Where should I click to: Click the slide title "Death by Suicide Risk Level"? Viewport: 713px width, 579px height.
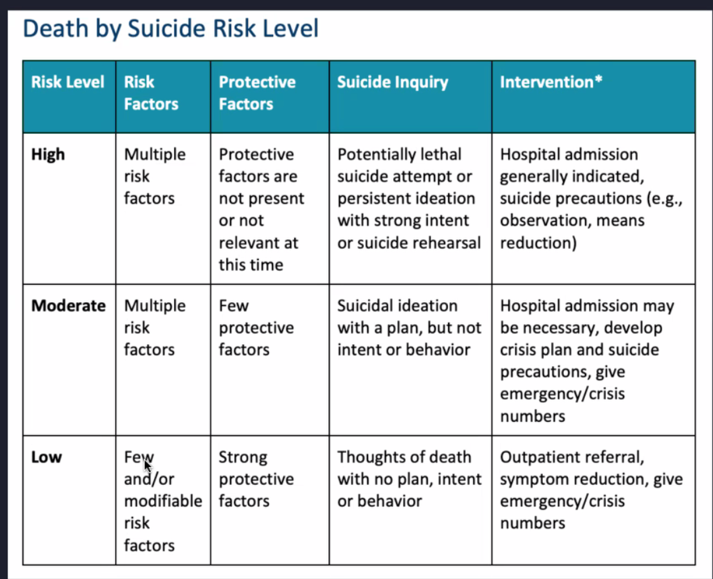pyautogui.click(x=170, y=29)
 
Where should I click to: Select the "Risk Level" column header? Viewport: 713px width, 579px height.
pyautogui.click(x=68, y=83)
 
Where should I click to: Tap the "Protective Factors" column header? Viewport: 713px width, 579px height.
pyautogui.click(x=257, y=92)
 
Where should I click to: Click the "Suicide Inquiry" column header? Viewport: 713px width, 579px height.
pyautogui.click(x=392, y=83)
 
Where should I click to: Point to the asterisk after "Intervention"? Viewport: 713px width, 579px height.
pyautogui.click(x=599, y=79)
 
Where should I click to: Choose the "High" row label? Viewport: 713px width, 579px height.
pyautogui.click(x=48, y=155)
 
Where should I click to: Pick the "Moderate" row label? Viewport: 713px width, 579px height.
pyautogui.click(x=68, y=306)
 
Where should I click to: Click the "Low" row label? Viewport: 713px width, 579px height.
pyautogui.click(x=46, y=458)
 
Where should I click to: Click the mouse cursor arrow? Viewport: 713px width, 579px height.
pyautogui.click(x=147, y=466)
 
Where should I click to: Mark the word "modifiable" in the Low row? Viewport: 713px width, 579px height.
pyautogui.click(x=163, y=500)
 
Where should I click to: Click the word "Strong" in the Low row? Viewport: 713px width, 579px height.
pyautogui.click(x=243, y=458)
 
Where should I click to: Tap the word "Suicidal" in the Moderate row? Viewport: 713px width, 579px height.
pyautogui.click(x=369, y=306)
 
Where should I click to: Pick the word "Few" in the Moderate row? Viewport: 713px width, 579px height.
pyautogui.click(x=233, y=306)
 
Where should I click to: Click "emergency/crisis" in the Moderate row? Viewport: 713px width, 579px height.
pyautogui.click(x=562, y=394)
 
